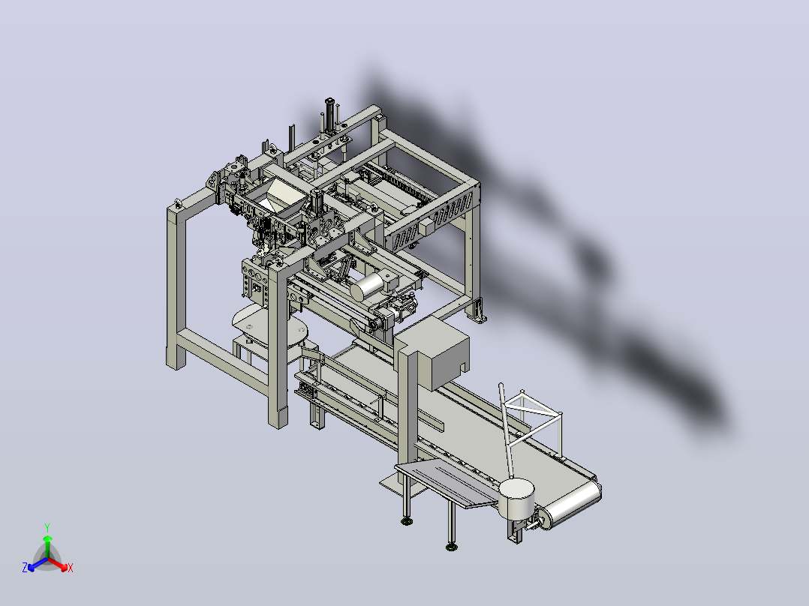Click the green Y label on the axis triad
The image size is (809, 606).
pos(47,527)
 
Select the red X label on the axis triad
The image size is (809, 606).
pos(71,568)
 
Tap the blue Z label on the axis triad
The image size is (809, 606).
pos(25,567)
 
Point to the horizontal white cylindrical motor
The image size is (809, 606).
pos(368,286)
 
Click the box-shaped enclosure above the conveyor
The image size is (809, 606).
pos(432,352)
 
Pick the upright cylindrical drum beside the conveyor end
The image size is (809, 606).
pos(516,499)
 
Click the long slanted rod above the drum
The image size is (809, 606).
pos(506,430)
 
